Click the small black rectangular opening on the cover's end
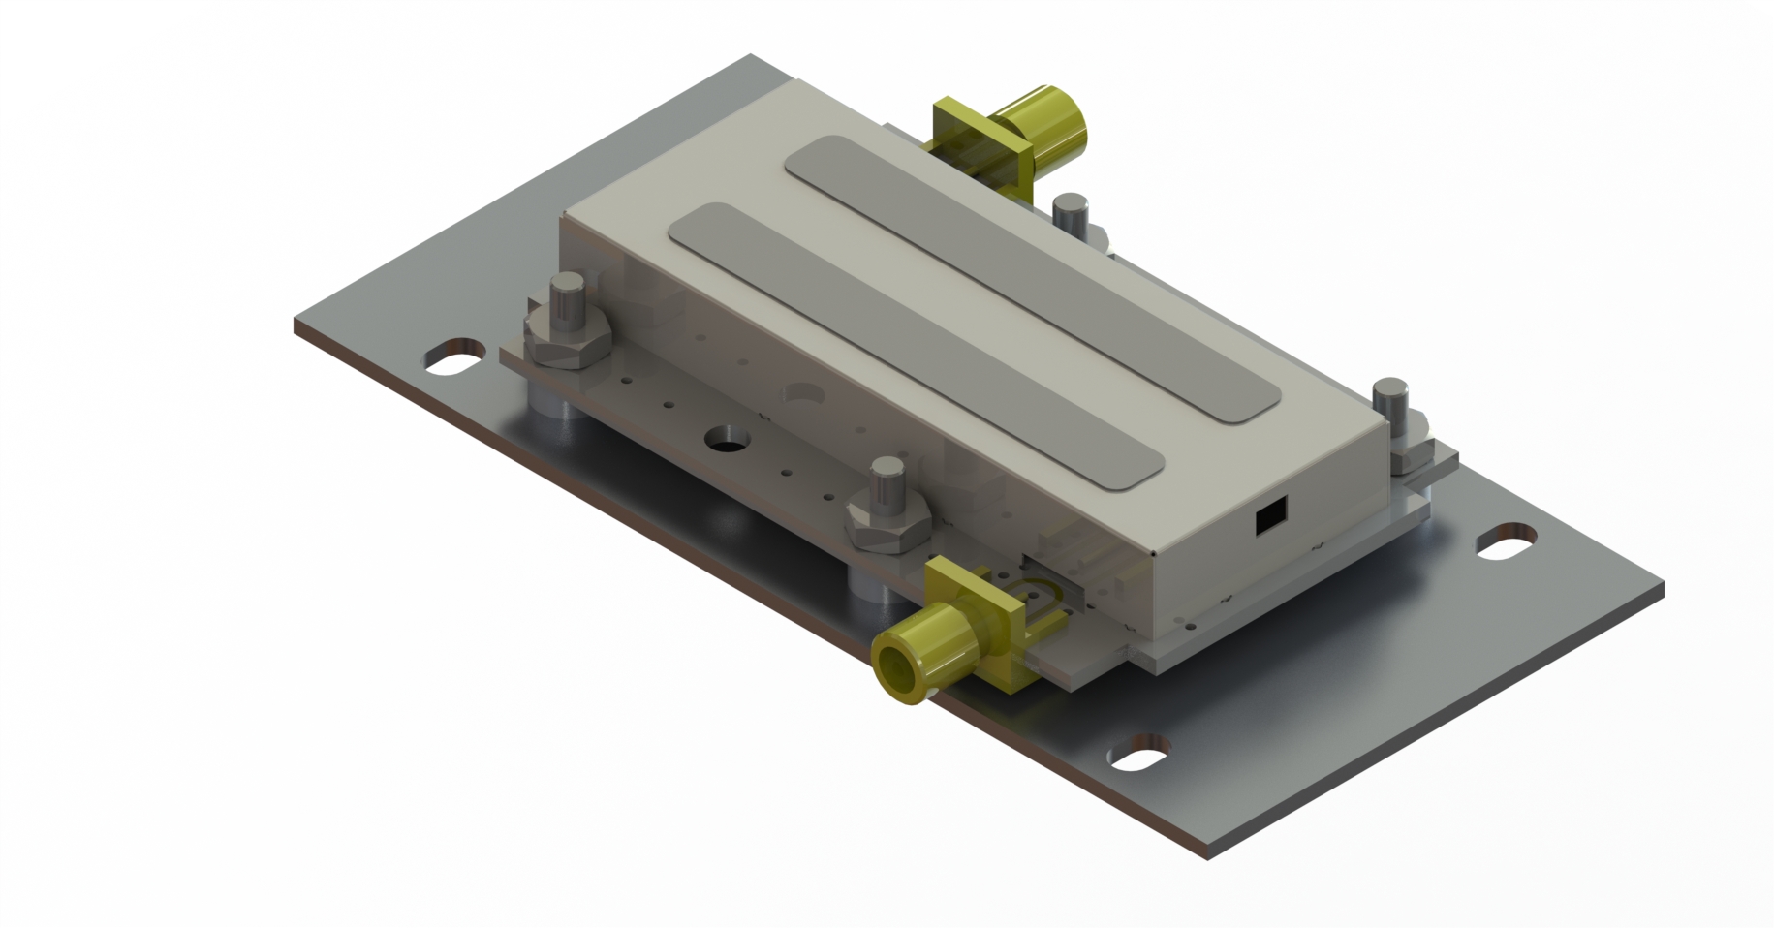coord(1270,517)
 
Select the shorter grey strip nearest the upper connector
coord(1032,281)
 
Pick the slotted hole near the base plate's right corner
coord(1507,541)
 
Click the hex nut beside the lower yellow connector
coord(887,528)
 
